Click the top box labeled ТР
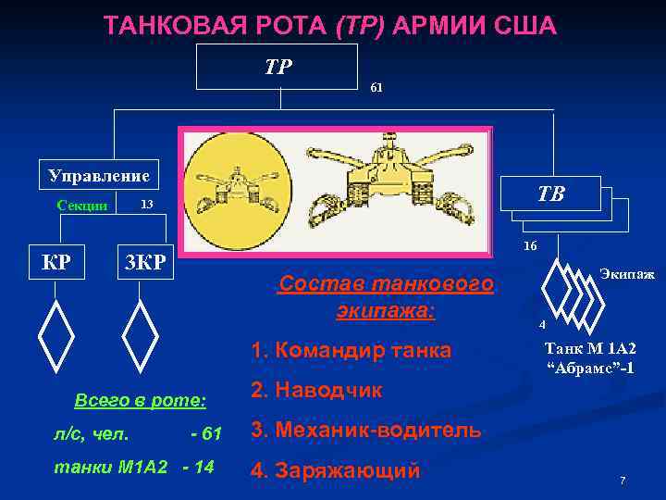click(277, 67)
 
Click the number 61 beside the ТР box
click(376, 87)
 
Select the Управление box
click(100, 173)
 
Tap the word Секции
click(82, 206)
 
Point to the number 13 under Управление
click(146, 204)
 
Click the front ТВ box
click(549, 196)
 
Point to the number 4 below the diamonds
click(543, 325)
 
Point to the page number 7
click(623, 481)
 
